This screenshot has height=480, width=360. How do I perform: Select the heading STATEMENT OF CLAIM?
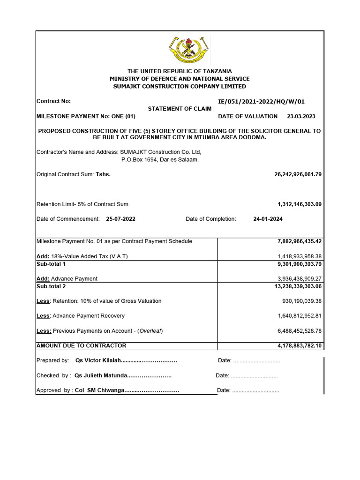click(180, 109)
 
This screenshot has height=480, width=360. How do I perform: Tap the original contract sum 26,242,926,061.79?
click(298, 174)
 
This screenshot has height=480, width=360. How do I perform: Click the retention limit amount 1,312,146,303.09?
click(300, 204)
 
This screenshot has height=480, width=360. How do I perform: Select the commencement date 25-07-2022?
click(121, 219)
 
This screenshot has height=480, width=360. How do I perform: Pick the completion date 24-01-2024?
click(268, 219)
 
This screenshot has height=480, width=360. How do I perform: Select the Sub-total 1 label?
click(51, 264)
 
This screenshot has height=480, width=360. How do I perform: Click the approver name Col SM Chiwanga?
click(99, 390)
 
